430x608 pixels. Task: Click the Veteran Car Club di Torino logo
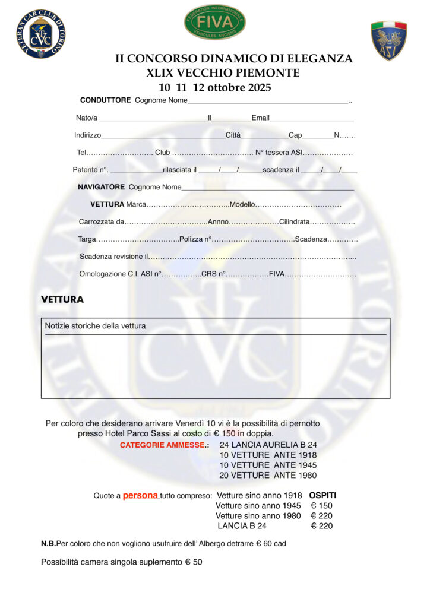pyautogui.click(x=41, y=34)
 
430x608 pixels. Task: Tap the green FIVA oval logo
pyautogui.click(x=214, y=23)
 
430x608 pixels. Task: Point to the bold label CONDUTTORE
pyautogui.click(x=105, y=100)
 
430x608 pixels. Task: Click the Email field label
pyautogui.click(x=260, y=118)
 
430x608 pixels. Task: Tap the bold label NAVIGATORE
pyautogui.click(x=101, y=187)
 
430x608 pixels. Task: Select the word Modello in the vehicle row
pyautogui.click(x=242, y=205)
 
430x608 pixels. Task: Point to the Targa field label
pyautogui.click(x=87, y=239)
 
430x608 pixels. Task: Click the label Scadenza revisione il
pyautogui.click(x=113, y=256)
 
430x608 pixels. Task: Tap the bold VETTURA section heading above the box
pyautogui.click(x=62, y=300)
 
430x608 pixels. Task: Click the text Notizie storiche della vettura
pyautogui.click(x=95, y=326)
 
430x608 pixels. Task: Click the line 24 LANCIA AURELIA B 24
pyautogui.click(x=268, y=445)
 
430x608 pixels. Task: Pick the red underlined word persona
pyautogui.click(x=140, y=495)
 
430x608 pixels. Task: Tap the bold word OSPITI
pyautogui.click(x=322, y=495)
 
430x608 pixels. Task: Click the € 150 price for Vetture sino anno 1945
pyautogui.click(x=321, y=506)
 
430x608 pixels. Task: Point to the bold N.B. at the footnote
pyautogui.click(x=48, y=544)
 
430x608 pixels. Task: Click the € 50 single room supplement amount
pyautogui.click(x=194, y=562)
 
